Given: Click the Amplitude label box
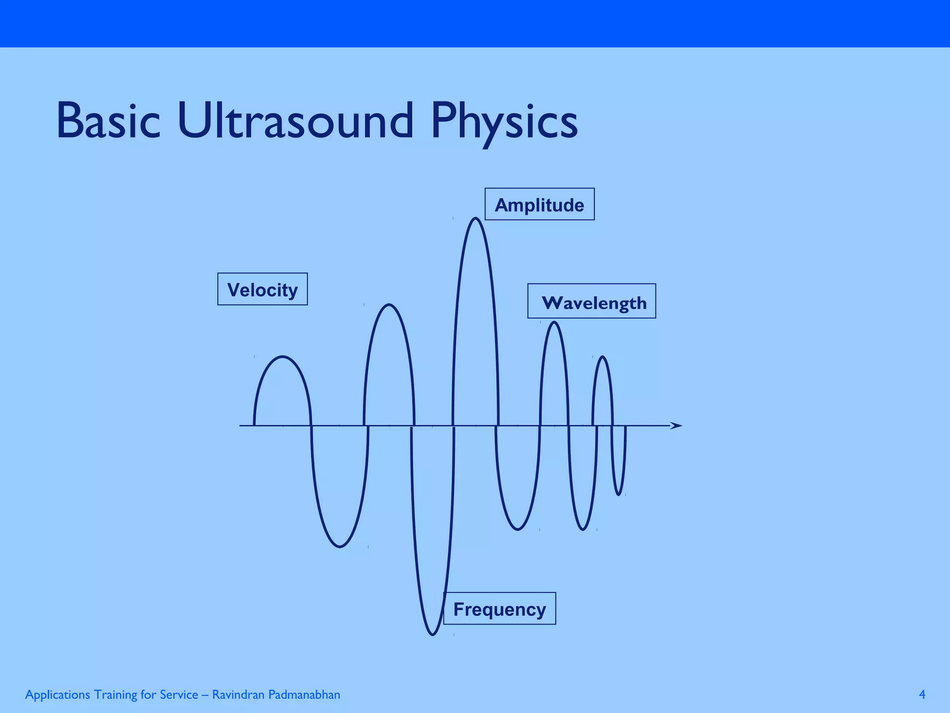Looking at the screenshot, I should click(x=539, y=204).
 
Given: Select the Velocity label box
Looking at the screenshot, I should click(x=262, y=289).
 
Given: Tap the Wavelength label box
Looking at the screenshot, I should click(x=591, y=301).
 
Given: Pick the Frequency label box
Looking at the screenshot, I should click(x=499, y=609).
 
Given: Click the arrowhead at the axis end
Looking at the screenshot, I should click(x=676, y=425).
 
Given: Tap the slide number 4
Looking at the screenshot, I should click(x=922, y=694).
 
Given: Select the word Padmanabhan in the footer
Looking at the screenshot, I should click(x=304, y=694).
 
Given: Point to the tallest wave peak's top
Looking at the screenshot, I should click(x=475, y=218).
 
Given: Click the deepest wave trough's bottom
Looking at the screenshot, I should click(x=432, y=635).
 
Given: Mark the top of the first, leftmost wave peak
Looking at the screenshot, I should click(x=283, y=356).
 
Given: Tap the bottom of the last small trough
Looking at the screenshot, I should click(x=619, y=495).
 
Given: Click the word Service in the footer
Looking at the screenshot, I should click(x=179, y=694).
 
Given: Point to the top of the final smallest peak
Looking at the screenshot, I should click(x=603, y=356).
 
